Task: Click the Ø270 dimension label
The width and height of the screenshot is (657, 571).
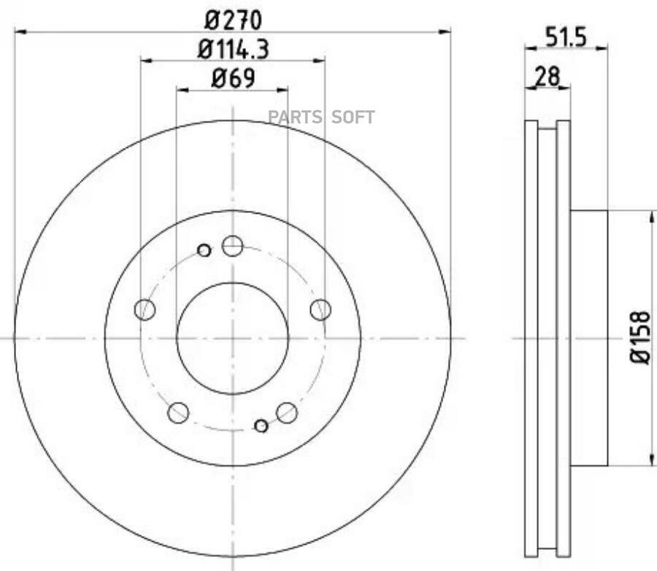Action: pyautogui.click(x=234, y=20)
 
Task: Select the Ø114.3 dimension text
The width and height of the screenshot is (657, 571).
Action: pyautogui.click(x=234, y=49)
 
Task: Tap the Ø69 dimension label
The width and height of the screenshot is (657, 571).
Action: pyautogui.click(x=234, y=78)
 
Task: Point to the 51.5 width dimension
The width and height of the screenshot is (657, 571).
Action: pyautogui.click(x=566, y=37)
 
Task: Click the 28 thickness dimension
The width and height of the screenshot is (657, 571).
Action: pyautogui.click(x=547, y=77)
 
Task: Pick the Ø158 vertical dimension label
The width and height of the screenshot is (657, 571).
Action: pyautogui.click(x=641, y=338)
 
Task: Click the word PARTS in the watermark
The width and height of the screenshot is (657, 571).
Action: pyautogui.click(x=296, y=117)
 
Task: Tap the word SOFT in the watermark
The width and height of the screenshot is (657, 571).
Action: pyautogui.click(x=353, y=117)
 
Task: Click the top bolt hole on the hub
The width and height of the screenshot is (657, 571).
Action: pyautogui.click(x=233, y=246)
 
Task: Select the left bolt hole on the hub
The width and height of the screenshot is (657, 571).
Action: pyautogui.click(x=145, y=310)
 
